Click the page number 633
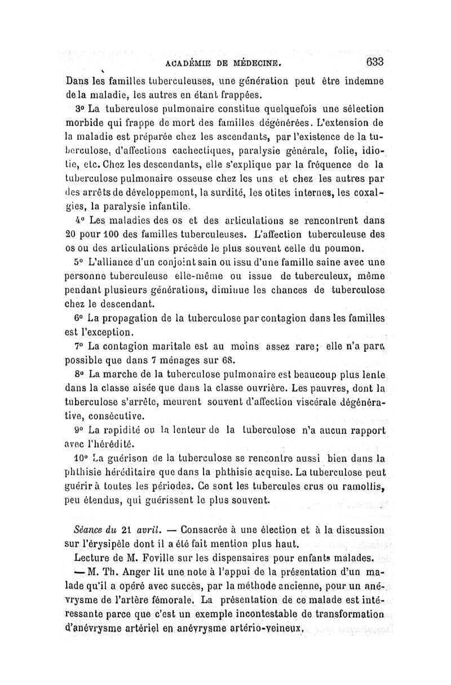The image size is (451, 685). [x=374, y=61]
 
